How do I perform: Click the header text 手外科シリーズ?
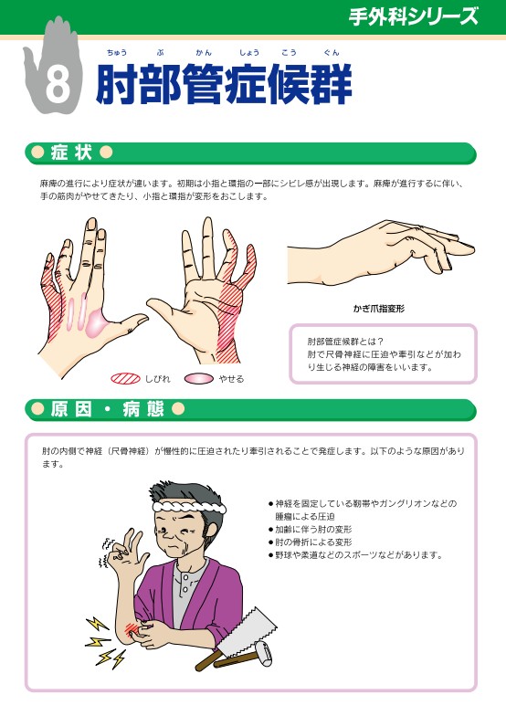click(x=413, y=16)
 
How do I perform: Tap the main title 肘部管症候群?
click(x=224, y=84)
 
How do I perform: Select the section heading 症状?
click(x=71, y=153)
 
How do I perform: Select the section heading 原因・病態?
click(x=107, y=409)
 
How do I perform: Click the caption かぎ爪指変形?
click(x=378, y=309)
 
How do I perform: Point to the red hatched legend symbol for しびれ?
click(x=125, y=378)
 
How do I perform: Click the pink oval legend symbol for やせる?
click(x=199, y=378)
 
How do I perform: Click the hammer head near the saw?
click(x=262, y=650)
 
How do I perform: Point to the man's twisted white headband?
click(x=189, y=508)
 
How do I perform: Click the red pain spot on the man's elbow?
click(x=132, y=629)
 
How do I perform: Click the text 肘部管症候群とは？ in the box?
click(x=345, y=342)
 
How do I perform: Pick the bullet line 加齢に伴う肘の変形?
click(x=311, y=530)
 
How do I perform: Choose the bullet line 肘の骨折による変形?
click(x=311, y=542)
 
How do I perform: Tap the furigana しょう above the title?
click(x=249, y=53)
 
